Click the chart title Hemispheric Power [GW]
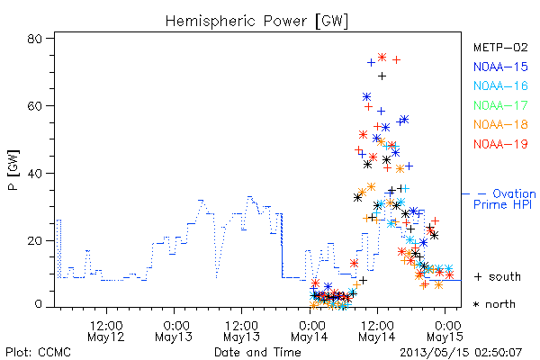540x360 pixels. pyautogui.click(x=256, y=22)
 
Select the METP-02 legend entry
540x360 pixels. pyautogui.click(x=500, y=47)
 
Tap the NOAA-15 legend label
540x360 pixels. pyautogui.click(x=500, y=67)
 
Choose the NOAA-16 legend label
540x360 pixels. pyautogui.click(x=500, y=85)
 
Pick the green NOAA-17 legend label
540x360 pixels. pyautogui.click(x=500, y=105)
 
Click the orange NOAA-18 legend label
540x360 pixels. pyautogui.click(x=500, y=124)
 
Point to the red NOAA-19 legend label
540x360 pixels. pyautogui.click(x=500, y=144)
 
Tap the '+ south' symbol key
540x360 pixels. pyautogui.click(x=498, y=276)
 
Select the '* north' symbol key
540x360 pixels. pyautogui.click(x=494, y=304)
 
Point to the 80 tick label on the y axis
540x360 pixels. pyautogui.click(x=35, y=39)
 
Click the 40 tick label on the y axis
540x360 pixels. pyautogui.click(x=35, y=173)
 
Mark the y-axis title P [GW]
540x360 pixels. pyautogui.click(x=13, y=170)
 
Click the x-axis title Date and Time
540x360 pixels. pyautogui.click(x=257, y=353)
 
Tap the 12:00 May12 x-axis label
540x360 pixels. pyautogui.click(x=106, y=331)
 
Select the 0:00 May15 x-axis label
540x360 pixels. pyautogui.click(x=445, y=331)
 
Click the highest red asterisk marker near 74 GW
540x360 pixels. pyautogui.click(x=382, y=58)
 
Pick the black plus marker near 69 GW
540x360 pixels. pyautogui.click(x=382, y=76)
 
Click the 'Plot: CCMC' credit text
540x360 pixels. pyautogui.click(x=38, y=353)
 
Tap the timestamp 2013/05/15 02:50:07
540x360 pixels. pyautogui.click(x=461, y=353)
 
